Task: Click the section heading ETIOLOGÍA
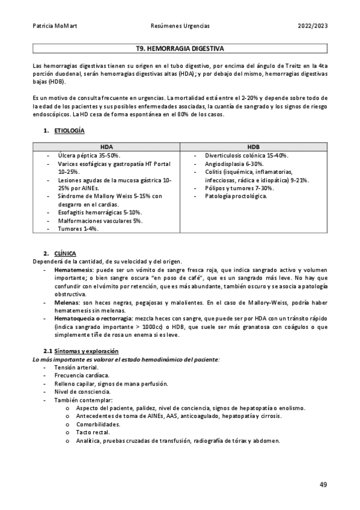tap(69, 131)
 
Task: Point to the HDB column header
tap(253, 146)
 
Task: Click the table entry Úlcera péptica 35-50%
tap(89, 155)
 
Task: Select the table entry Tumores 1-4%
tap(79, 229)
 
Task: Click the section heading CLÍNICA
tap(65, 253)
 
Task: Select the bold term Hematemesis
tap(75, 270)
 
